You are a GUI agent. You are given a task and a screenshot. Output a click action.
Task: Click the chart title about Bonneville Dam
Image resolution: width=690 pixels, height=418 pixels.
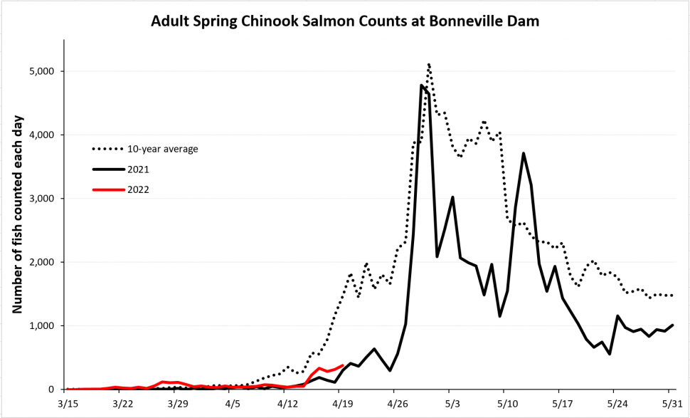tap(345, 21)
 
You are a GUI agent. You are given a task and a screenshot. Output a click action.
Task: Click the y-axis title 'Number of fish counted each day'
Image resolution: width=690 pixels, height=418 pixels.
tap(17, 215)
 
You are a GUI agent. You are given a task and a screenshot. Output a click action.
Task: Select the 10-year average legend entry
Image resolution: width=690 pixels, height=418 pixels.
tap(145, 149)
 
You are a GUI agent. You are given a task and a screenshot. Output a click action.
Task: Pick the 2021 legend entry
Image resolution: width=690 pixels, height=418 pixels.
tap(121, 169)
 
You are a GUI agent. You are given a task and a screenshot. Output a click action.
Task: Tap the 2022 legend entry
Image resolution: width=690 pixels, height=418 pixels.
tap(121, 190)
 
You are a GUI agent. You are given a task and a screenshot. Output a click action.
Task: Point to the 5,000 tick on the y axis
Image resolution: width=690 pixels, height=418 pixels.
tap(41, 71)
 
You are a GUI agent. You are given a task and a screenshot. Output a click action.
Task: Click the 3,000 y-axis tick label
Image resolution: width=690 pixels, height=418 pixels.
tap(41, 199)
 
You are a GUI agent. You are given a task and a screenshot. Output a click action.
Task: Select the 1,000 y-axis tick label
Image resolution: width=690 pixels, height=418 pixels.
tap(41, 326)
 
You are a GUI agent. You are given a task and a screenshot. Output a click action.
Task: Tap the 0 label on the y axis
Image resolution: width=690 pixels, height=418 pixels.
tap(51, 390)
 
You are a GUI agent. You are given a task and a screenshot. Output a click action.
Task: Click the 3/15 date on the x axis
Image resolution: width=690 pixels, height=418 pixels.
tap(65, 404)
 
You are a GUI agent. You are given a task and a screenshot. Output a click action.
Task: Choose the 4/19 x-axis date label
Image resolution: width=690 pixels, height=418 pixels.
tap(339, 404)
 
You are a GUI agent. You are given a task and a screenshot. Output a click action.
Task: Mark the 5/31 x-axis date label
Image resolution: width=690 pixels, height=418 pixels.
tap(669, 404)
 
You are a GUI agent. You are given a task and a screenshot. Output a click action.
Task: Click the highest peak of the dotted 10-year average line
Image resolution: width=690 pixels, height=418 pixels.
tap(429, 64)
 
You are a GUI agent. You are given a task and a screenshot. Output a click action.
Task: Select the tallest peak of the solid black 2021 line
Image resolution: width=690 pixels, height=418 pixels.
tap(421, 85)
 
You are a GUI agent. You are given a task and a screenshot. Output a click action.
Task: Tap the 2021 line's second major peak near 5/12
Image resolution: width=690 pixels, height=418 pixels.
tap(524, 153)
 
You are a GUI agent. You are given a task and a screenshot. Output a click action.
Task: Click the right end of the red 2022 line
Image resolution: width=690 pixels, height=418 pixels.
tap(342, 365)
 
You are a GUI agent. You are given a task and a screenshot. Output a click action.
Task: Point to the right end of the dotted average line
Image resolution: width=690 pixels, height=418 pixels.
tap(672, 296)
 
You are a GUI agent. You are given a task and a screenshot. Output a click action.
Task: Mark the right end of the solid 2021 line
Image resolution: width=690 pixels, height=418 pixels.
tap(673, 325)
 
